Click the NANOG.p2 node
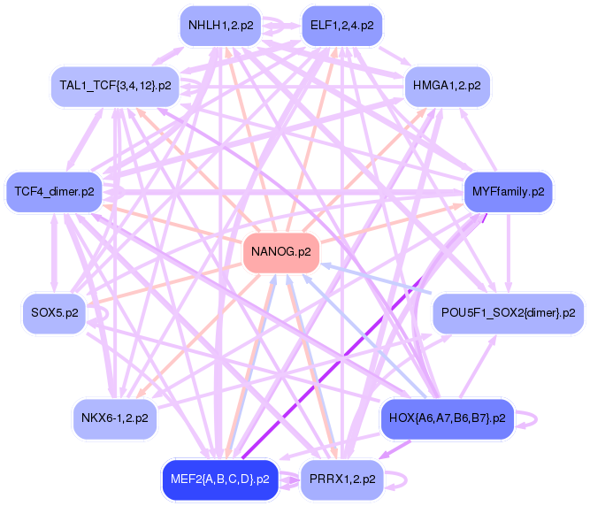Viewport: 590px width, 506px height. (280, 252)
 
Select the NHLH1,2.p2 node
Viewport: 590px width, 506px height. (220, 25)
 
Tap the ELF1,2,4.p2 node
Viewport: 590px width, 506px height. (341, 25)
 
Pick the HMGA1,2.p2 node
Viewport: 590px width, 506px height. (447, 86)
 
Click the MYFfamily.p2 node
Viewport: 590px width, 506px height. (508, 191)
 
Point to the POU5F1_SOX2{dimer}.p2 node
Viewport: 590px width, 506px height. (508, 313)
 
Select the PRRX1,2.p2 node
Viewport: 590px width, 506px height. (342, 479)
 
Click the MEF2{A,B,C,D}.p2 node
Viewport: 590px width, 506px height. (219, 479)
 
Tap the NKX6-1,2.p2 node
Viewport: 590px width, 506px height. (114, 418)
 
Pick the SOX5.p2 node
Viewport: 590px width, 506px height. (54, 313)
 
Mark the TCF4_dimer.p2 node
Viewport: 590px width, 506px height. (54, 191)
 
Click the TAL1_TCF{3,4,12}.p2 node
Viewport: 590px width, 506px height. (115, 86)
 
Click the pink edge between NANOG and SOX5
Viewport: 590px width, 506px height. (168, 283)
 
